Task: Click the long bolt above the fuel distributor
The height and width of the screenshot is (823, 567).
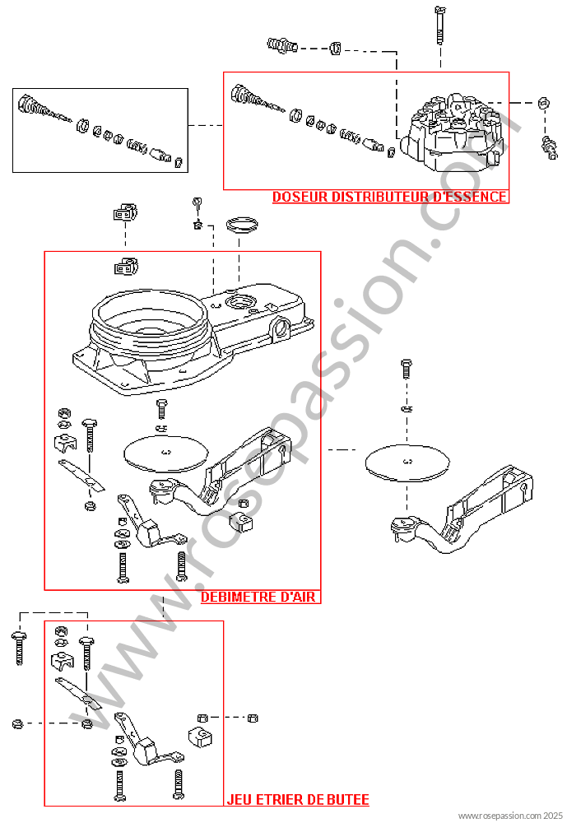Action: click(x=440, y=26)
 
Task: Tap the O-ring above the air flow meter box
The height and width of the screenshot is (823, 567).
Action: click(x=242, y=224)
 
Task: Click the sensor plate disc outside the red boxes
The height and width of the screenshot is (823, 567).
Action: click(x=407, y=463)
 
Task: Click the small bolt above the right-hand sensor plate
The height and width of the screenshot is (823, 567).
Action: click(x=406, y=369)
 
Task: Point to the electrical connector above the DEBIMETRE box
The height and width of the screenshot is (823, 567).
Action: click(x=125, y=212)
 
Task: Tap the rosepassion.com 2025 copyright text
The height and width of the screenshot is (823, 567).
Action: click(x=510, y=816)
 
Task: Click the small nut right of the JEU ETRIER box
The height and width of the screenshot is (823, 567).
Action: click(x=252, y=718)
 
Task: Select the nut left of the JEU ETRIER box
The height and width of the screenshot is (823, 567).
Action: click(x=16, y=723)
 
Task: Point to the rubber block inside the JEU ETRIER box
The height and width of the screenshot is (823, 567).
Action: click(x=200, y=737)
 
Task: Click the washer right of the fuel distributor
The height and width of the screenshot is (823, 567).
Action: click(x=544, y=103)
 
